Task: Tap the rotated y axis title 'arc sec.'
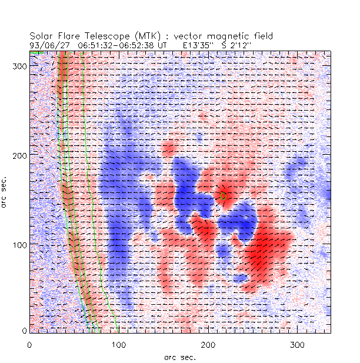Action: (x=6, y=191)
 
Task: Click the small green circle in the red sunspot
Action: (x=224, y=195)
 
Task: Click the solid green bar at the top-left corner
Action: (x=36, y=53)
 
